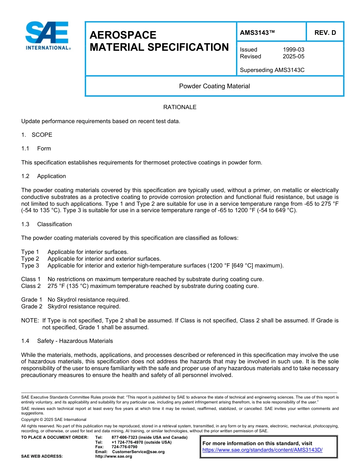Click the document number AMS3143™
257,33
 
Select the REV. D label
325,33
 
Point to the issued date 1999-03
293,50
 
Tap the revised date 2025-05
293,56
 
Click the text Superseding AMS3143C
272,70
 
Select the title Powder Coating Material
214,86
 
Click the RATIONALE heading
180,107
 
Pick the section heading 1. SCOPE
37,135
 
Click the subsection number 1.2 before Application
25,176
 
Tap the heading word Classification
54,224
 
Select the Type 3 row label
30,266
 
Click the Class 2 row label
31,286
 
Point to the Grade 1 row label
31,300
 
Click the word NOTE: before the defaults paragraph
30,321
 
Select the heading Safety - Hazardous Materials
75,341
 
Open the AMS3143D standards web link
262,450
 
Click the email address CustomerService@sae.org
138,452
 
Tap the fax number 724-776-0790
124,447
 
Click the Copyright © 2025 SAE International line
54,419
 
